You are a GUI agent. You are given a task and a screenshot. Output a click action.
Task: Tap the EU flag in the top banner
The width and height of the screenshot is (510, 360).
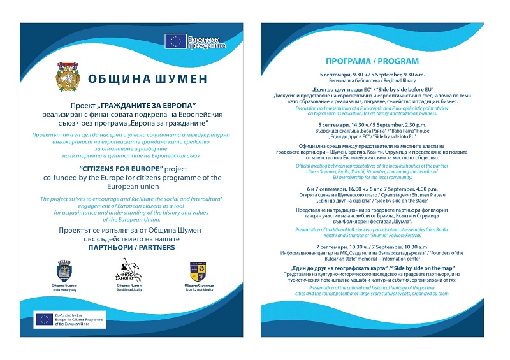[175, 41]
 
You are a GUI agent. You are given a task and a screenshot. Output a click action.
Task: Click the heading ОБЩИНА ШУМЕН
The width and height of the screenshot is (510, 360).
[148, 80]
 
